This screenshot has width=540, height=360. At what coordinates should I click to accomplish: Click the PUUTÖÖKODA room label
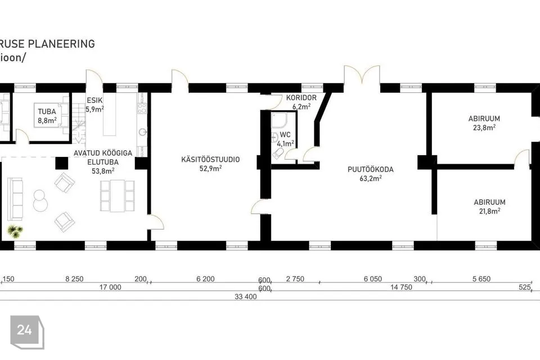coord(370,169)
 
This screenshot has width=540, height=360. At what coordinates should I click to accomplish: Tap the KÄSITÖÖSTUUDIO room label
coord(210,160)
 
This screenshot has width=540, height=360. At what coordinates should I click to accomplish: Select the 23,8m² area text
coord(484,128)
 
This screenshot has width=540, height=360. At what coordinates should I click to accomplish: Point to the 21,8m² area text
coord(489,211)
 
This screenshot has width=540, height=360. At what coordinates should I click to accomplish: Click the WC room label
coord(285,134)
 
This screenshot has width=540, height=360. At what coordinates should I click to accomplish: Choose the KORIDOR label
coord(301,98)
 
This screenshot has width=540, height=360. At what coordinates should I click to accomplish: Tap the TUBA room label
coord(47,111)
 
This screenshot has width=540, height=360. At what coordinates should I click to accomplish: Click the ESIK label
coord(94,101)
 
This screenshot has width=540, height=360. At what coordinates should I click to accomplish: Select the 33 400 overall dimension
coord(246,296)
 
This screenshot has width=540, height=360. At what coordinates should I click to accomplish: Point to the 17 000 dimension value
coord(110,287)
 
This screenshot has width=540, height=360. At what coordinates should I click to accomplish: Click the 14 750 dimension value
coord(401,287)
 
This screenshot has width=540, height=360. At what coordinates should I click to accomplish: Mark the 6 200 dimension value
coord(206,278)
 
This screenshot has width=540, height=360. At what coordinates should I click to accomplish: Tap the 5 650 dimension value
coord(481,278)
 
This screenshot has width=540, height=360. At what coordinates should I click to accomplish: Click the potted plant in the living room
coord(15,231)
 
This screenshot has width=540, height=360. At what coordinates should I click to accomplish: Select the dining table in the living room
coord(117,196)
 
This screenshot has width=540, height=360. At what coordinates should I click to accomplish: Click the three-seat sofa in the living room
coord(15,199)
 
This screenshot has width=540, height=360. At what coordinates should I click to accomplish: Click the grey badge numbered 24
coord(27,332)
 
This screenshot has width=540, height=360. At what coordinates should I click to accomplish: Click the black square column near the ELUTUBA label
coord(62,163)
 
